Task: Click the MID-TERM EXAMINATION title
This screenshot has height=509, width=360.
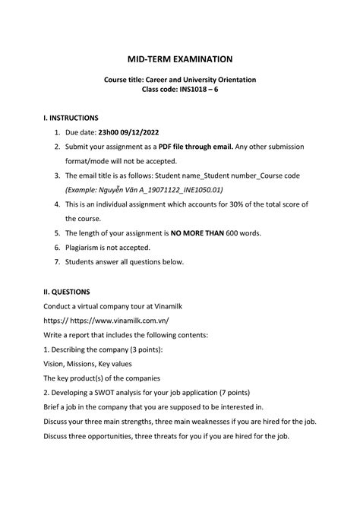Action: [180, 58]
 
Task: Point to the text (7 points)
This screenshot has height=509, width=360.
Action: [228, 393]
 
